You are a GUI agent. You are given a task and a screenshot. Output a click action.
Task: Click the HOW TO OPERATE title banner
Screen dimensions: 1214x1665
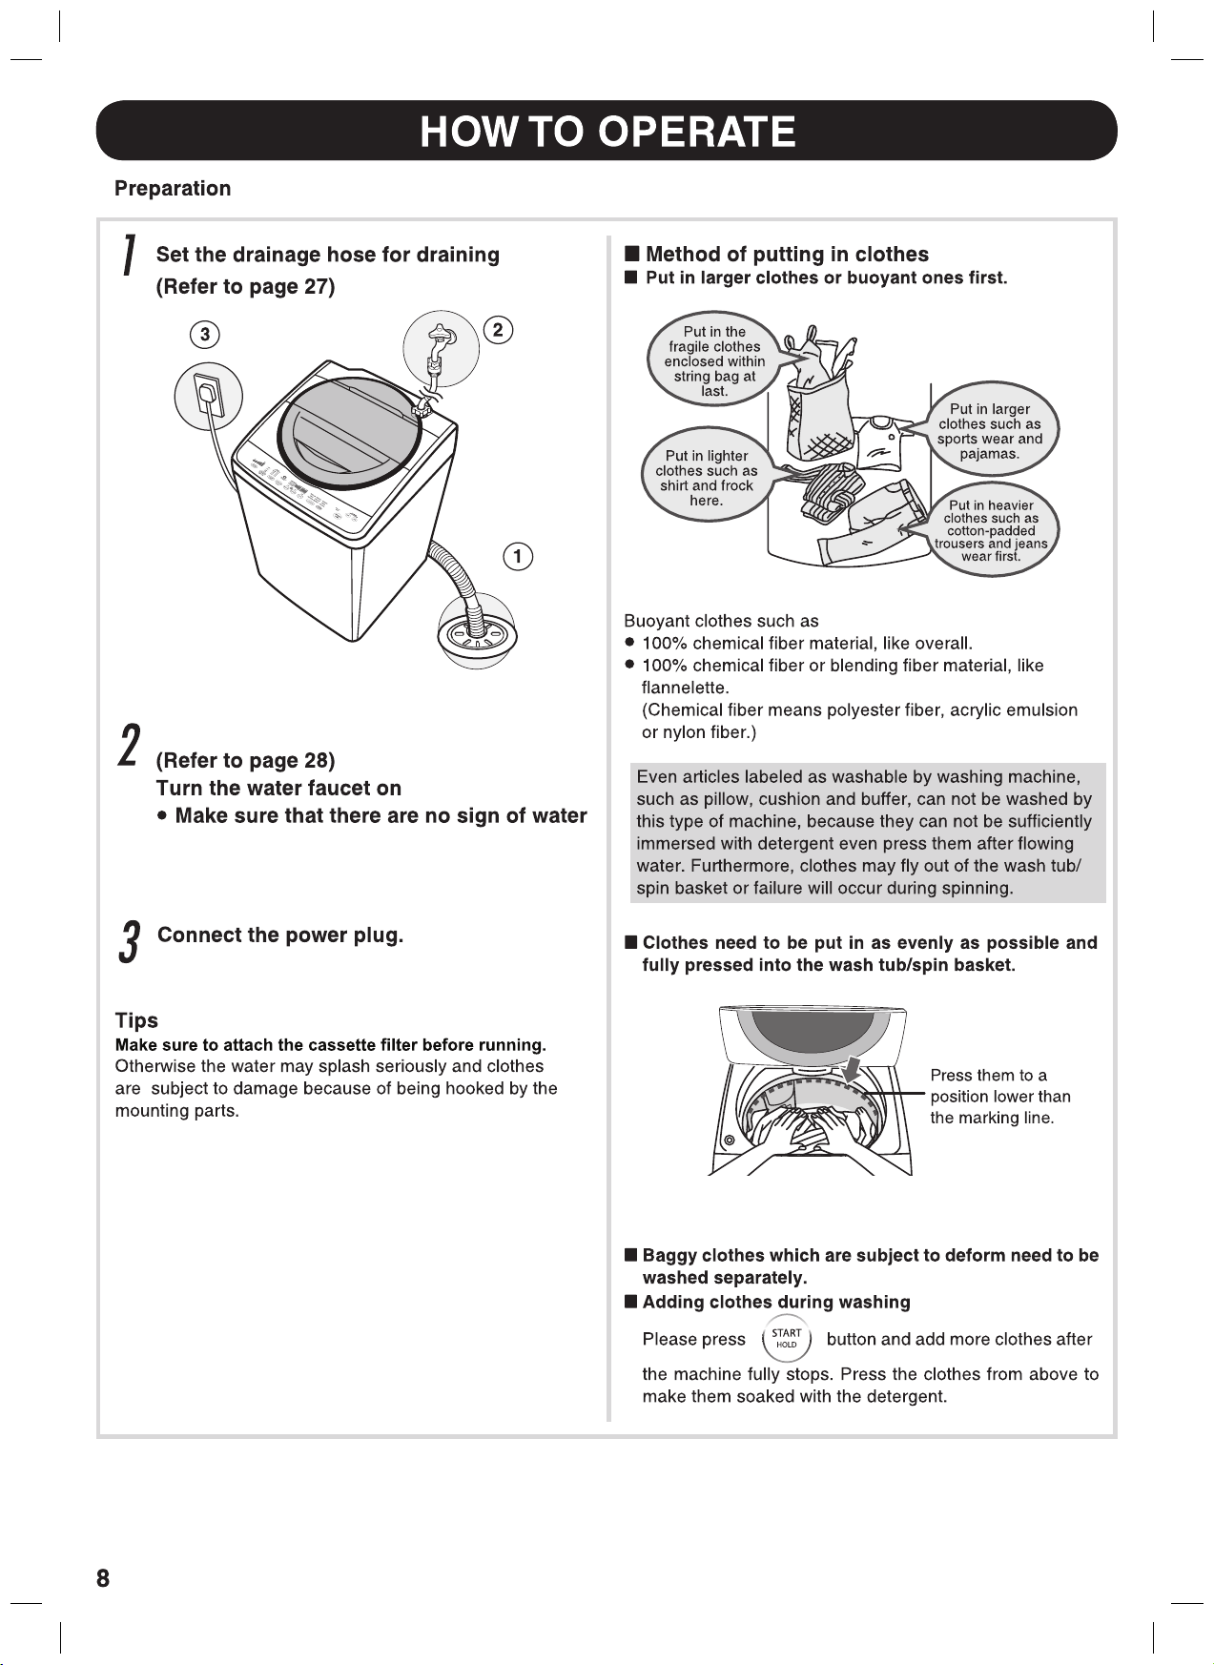point(607,131)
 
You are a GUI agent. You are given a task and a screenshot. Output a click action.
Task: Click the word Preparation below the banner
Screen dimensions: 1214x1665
point(173,188)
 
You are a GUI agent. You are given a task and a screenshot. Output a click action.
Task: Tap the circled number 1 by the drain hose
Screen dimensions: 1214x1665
point(517,556)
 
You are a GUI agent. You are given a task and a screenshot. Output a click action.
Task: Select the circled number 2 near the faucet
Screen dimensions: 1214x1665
point(498,331)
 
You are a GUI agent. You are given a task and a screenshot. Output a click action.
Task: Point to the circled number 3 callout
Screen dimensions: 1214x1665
point(204,335)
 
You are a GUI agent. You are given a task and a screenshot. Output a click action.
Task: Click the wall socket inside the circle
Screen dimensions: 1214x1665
point(208,399)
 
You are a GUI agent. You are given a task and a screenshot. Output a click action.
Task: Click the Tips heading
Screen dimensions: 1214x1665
point(136,1020)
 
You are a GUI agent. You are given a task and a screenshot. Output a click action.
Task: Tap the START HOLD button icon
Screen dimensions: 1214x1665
point(786,1339)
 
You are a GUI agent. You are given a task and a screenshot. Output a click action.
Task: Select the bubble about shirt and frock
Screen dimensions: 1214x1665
point(707,478)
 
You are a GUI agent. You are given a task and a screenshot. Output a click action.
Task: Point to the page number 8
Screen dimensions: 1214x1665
point(103,1578)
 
